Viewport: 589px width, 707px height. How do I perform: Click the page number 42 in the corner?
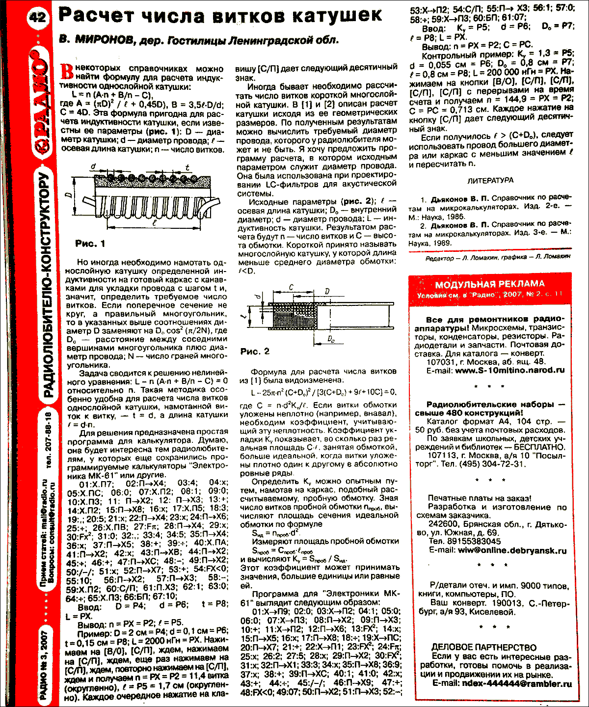[37, 18]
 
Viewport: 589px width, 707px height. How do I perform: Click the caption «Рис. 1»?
[90, 244]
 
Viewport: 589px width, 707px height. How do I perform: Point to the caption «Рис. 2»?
[255, 352]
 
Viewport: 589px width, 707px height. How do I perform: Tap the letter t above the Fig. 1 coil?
[187, 167]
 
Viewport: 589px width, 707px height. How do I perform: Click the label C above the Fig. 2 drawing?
[292, 288]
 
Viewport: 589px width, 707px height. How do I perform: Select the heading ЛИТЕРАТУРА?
[490, 180]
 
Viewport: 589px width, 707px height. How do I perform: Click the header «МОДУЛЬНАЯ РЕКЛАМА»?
[490, 284]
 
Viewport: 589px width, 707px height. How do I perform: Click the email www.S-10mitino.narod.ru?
[509, 371]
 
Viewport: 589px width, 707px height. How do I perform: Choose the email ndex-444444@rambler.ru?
[517, 683]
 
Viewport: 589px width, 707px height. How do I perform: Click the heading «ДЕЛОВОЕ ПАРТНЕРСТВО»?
[484, 648]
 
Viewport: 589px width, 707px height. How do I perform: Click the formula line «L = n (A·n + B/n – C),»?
[112, 95]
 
